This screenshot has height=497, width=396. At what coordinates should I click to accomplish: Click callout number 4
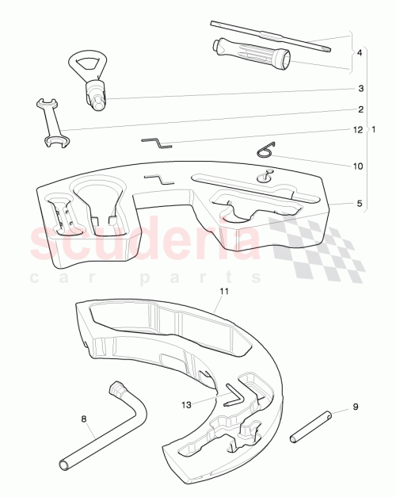(x=360, y=53)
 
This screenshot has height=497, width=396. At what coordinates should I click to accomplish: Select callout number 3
(x=360, y=88)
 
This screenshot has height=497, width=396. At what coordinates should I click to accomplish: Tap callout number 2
(x=360, y=109)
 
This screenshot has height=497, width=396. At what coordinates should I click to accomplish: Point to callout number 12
(x=357, y=129)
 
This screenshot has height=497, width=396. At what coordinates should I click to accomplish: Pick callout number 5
(x=360, y=204)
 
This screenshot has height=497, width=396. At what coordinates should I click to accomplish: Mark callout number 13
(x=186, y=404)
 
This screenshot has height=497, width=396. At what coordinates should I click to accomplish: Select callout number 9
(x=355, y=407)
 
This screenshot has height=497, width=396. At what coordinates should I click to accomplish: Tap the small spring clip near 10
(x=267, y=151)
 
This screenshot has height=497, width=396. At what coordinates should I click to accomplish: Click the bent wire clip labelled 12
(x=157, y=142)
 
